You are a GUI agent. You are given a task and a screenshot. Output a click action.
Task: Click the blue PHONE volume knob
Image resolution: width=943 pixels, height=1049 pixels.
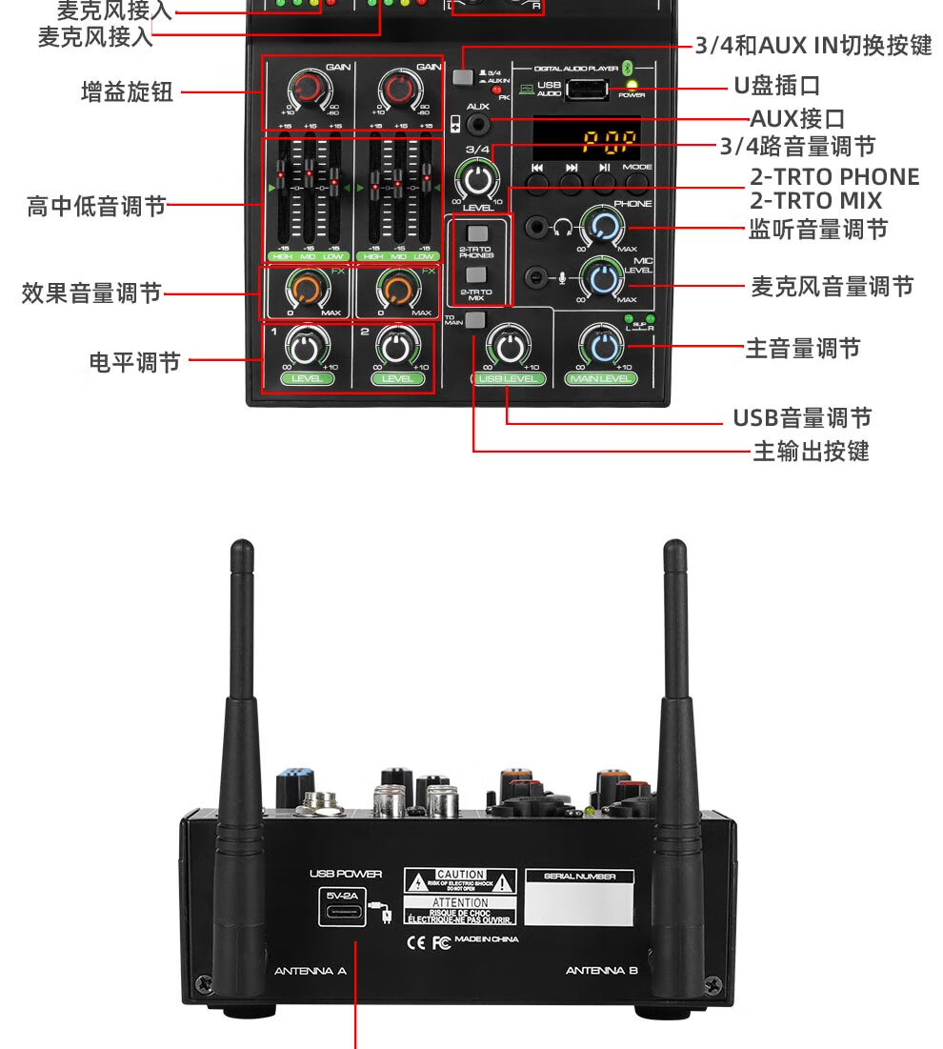tap(604, 227)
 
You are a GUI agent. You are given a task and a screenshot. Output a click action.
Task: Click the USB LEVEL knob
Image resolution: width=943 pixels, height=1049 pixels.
tap(508, 347)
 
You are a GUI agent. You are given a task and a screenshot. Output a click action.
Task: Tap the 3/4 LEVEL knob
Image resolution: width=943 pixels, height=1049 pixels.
tap(477, 179)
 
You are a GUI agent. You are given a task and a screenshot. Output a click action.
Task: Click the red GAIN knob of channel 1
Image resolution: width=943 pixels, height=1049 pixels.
tap(307, 89)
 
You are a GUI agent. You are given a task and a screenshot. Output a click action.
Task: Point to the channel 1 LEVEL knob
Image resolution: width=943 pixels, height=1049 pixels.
tap(305, 348)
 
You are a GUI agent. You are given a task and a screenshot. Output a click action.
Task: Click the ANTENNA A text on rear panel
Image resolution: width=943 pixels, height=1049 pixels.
tap(310, 971)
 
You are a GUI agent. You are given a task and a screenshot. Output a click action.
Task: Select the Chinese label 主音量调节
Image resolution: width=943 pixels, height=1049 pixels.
tap(802, 349)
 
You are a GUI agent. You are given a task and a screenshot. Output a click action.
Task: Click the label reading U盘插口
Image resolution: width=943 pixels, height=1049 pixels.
tap(776, 86)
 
